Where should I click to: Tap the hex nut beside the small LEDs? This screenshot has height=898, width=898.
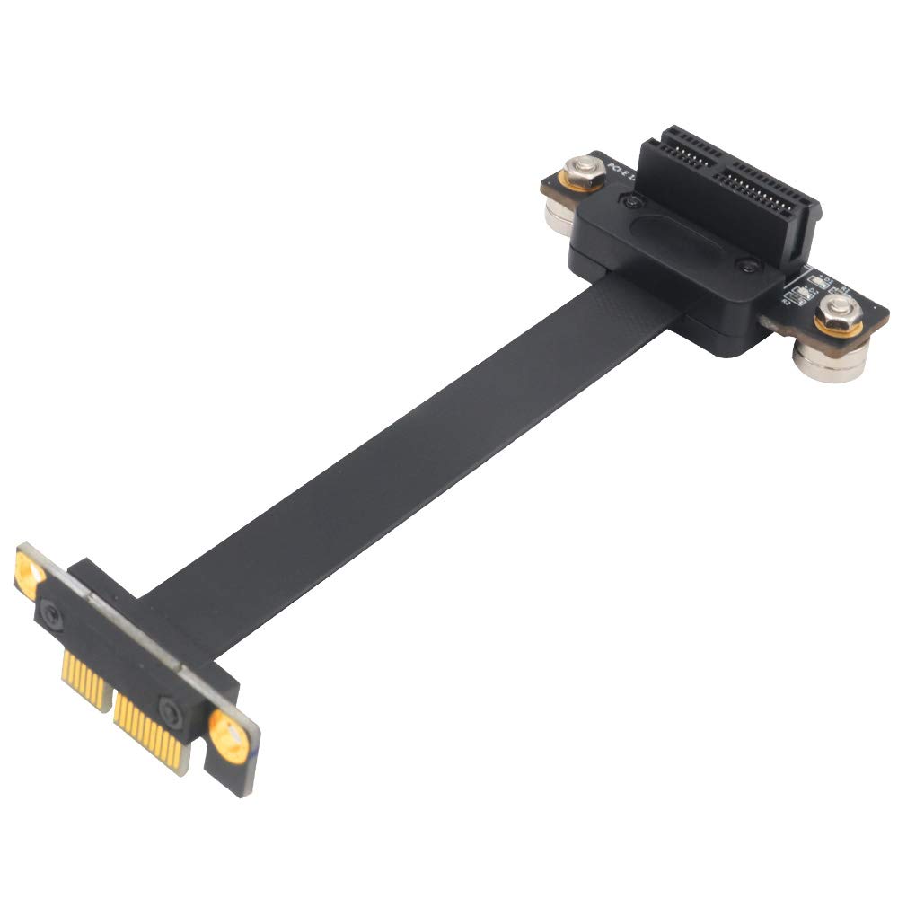coord(837,317)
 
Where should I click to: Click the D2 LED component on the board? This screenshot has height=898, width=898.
coord(796,297)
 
